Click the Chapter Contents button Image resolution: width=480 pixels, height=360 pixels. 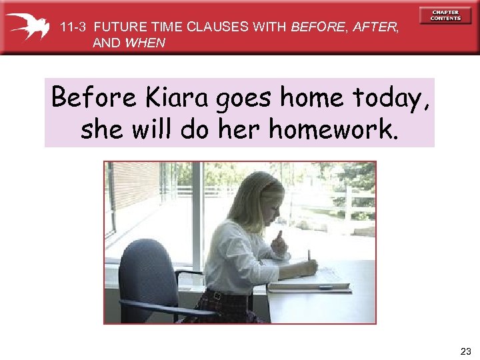click(x=445, y=15)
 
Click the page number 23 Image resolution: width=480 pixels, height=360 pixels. click(x=465, y=351)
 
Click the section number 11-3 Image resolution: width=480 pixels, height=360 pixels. click(x=74, y=27)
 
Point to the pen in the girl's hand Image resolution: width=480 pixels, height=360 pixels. click(x=309, y=257)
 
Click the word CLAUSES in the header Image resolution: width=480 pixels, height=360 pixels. click(x=214, y=27)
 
